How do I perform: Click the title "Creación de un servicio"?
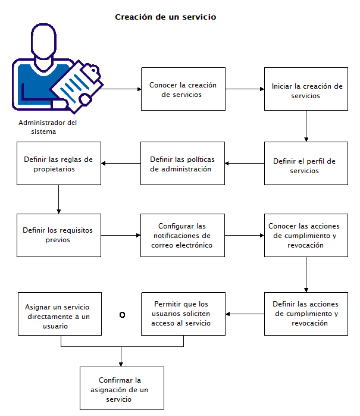165,17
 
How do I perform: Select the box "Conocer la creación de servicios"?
183,89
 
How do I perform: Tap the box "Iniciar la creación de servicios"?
306,89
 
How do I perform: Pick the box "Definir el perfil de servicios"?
306,164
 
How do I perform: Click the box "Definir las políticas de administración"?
183,164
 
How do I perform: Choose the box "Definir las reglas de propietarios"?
59,164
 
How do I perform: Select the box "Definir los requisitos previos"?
59,236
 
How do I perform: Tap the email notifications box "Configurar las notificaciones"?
183,236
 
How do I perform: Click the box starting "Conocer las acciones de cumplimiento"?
306,236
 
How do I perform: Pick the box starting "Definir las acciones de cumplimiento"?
306,314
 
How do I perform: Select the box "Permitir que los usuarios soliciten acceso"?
183,314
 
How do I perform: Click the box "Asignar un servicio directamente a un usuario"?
59,314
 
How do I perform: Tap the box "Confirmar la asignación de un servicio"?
121,388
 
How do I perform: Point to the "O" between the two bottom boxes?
122,315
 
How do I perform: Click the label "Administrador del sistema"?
48,127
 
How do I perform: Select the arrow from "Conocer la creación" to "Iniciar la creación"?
245,89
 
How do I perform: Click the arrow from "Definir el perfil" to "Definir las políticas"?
245,164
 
